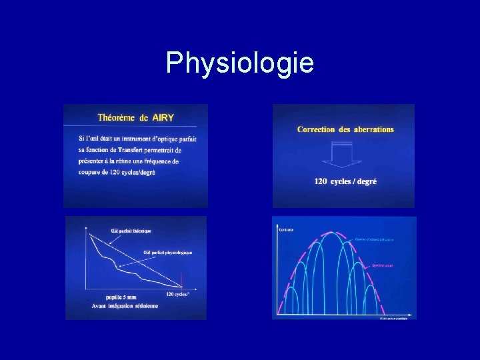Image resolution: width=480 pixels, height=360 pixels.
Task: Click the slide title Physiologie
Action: pos(239,63)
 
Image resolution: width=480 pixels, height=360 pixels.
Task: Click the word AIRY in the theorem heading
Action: pos(163,118)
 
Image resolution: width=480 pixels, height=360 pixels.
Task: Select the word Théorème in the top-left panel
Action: pos(115,118)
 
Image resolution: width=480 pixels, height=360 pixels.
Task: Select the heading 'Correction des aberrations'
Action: pos(345,129)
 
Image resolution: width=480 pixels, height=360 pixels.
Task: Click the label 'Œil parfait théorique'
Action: pos(131,231)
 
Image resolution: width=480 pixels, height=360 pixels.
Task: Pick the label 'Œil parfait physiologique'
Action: pos(168,253)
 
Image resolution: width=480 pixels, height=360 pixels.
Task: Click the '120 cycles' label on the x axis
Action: pos(179,294)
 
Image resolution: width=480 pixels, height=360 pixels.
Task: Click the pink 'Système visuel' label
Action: pos(383,265)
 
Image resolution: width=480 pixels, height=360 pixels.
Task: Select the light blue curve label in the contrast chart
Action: pos(373,239)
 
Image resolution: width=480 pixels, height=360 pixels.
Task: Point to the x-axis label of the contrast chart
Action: pos(393,318)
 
